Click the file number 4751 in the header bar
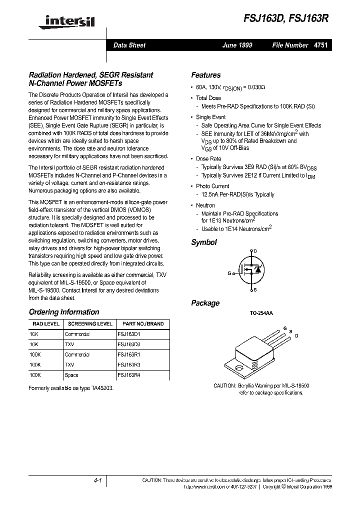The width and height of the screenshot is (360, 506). click(320, 45)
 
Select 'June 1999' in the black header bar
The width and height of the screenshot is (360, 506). click(237, 45)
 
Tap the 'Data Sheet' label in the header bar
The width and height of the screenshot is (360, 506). click(129, 45)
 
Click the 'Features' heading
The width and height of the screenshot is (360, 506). click(205, 75)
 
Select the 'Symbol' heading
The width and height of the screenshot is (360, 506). click(204, 242)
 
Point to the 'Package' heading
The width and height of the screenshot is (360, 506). click(205, 303)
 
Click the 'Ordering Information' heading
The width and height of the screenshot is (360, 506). click(64, 312)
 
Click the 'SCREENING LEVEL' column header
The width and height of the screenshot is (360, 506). click(90, 323)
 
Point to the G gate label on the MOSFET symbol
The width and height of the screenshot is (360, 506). click(229, 273)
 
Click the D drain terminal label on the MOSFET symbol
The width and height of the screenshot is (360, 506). click(255, 251)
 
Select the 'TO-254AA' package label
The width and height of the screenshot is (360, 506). click(261, 313)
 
